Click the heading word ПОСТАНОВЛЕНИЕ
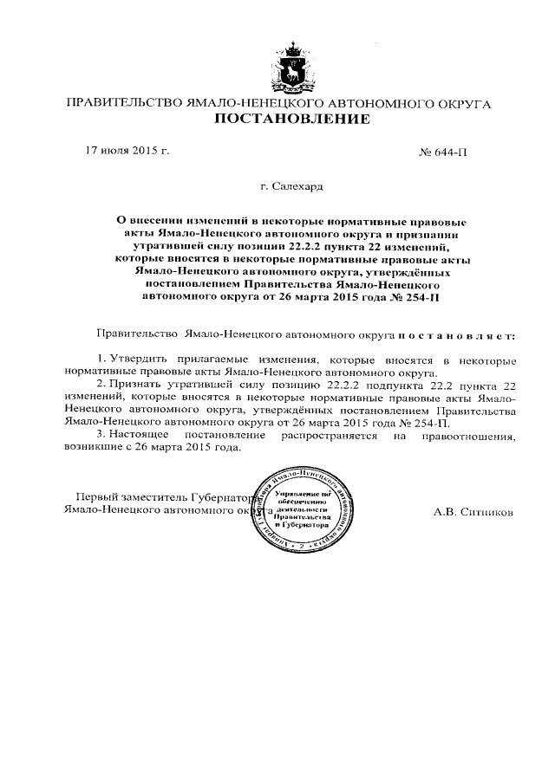pos(292,119)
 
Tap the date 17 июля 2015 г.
pos(126,151)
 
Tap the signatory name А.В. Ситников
pos(474,511)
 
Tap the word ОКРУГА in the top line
pos(462,104)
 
